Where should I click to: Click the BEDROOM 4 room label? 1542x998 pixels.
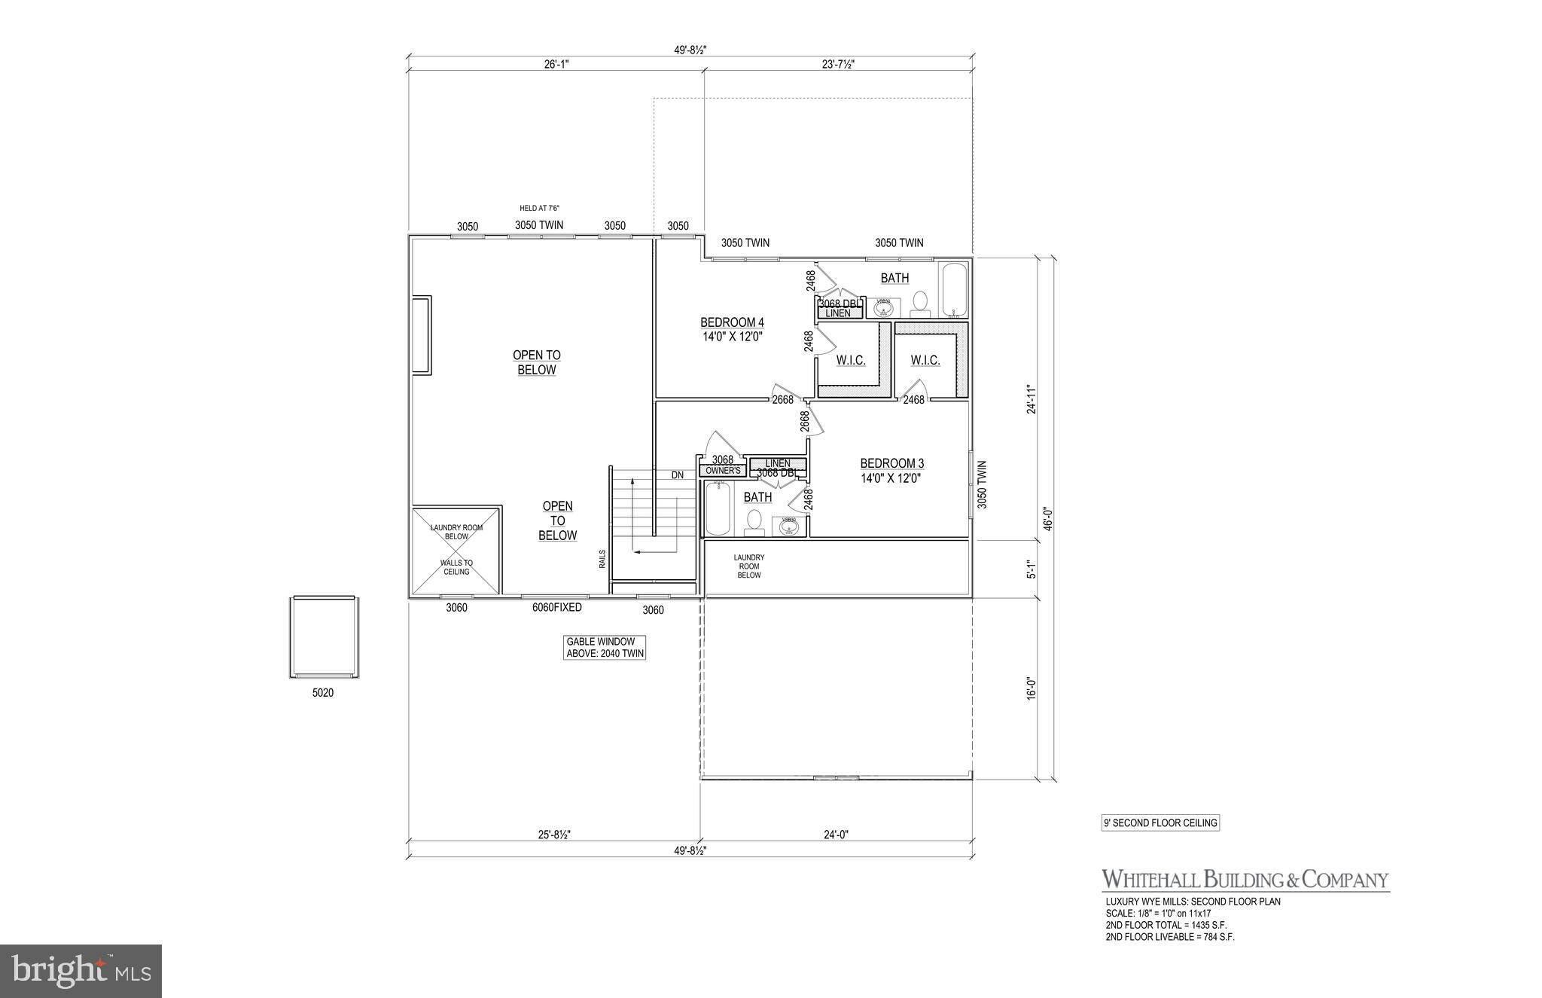click(732, 323)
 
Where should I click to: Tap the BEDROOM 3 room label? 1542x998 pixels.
click(891, 464)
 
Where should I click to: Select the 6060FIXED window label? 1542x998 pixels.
click(556, 607)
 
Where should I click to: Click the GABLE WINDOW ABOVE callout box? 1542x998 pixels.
click(605, 648)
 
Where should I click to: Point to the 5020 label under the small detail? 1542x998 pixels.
click(322, 693)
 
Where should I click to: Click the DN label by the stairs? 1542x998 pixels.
click(678, 475)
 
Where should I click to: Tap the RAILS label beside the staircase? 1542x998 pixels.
click(602, 558)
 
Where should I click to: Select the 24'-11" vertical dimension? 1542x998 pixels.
click(1032, 400)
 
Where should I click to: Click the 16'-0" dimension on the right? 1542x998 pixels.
click(1032, 688)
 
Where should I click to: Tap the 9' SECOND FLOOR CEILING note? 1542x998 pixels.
click(1160, 823)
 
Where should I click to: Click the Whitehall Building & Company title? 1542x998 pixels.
click(1245, 879)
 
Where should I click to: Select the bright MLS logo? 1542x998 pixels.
click(81, 971)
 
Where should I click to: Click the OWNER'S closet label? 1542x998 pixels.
click(723, 471)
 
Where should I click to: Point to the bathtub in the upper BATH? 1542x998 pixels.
click(953, 290)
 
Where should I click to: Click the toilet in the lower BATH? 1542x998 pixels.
click(754, 523)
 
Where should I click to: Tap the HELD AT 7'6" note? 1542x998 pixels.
click(539, 209)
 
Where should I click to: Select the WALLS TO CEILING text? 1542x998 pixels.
click(456, 567)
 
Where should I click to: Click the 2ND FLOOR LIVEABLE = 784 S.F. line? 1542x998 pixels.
click(1169, 937)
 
